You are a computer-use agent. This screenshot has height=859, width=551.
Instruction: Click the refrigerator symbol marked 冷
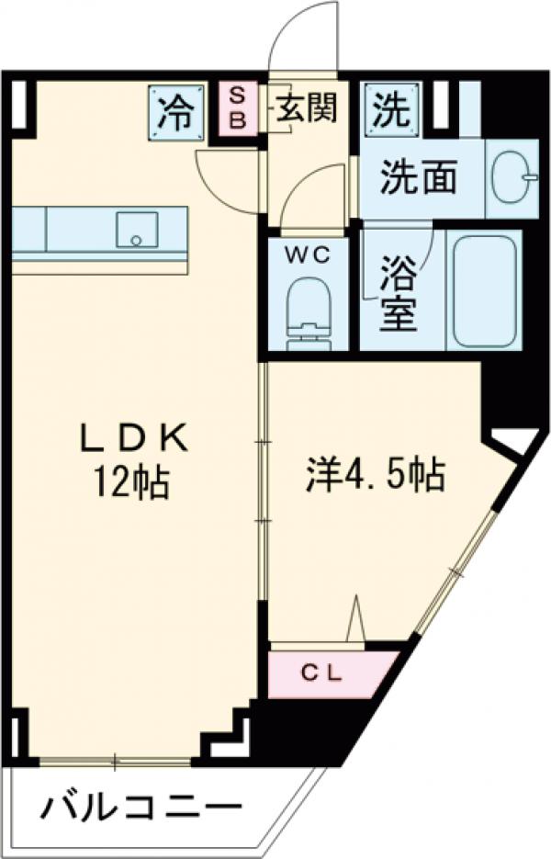pos(174,114)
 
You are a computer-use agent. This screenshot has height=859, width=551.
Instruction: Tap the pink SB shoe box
pos(236,108)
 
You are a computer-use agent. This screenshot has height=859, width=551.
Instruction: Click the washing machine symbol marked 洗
pos(390,111)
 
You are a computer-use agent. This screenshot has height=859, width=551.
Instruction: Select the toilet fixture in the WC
pos(307,312)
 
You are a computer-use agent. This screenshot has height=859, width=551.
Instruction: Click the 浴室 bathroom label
pos(401,294)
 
